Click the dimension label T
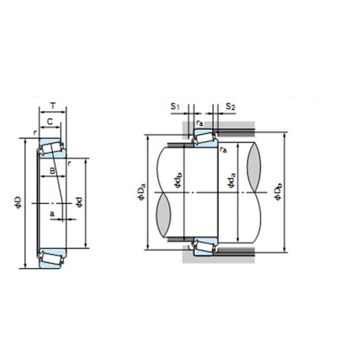[x=53, y=106]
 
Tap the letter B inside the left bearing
[x=52, y=171]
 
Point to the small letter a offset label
[x=52, y=214]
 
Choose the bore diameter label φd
[x=79, y=203]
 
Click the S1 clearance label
[x=174, y=106]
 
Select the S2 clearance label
[x=230, y=106]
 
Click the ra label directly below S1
[x=200, y=123]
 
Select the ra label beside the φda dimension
[x=223, y=150]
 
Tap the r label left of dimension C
[x=35, y=132]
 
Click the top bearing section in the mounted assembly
[x=204, y=139]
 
